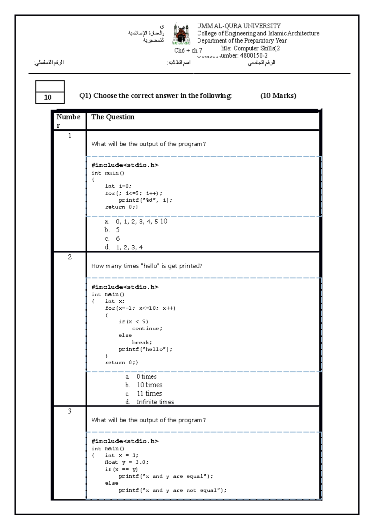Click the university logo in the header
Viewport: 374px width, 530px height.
click(x=181, y=34)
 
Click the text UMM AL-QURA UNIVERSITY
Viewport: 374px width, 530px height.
click(x=239, y=26)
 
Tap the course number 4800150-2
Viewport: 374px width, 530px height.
click(x=254, y=56)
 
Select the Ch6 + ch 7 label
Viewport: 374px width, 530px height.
click(x=188, y=51)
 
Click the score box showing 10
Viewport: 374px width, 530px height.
click(x=50, y=97)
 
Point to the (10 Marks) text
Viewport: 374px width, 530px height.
click(x=278, y=96)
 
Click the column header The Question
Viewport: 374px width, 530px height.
click(x=113, y=117)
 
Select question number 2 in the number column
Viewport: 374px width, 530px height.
click(x=70, y=257)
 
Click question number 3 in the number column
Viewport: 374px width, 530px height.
click(x=70, y=411)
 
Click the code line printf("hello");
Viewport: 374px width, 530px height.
click(x=145, y=349)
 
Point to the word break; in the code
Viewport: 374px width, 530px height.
click(x=142, y=342)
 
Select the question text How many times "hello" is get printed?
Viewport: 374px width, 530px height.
click(x=146, y=266)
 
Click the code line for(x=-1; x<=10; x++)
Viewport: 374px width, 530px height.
click(x=140, y=308)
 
